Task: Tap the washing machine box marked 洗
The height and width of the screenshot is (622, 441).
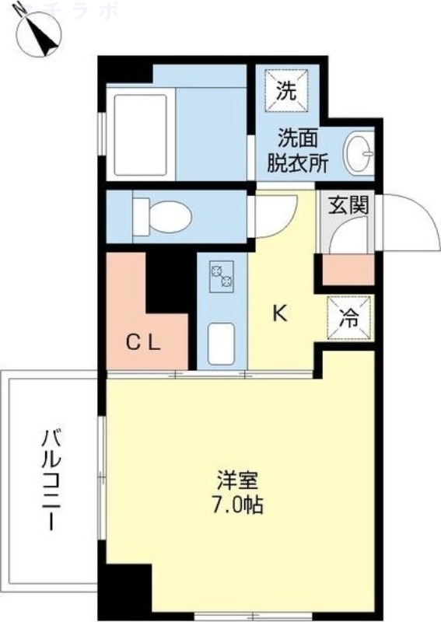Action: click(x=288, y=91)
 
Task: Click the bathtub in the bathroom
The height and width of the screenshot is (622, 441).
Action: click(x=141, y=134)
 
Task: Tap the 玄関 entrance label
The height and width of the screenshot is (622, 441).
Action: click(x=343, y=206)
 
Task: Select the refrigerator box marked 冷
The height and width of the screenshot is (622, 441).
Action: click(x=349, y=318)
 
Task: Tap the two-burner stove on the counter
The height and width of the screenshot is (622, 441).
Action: click(x=221, y=276)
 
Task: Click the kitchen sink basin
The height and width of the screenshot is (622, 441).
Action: click(x=221, y=342)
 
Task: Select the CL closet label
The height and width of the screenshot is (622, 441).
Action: click(x=144, y=343)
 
